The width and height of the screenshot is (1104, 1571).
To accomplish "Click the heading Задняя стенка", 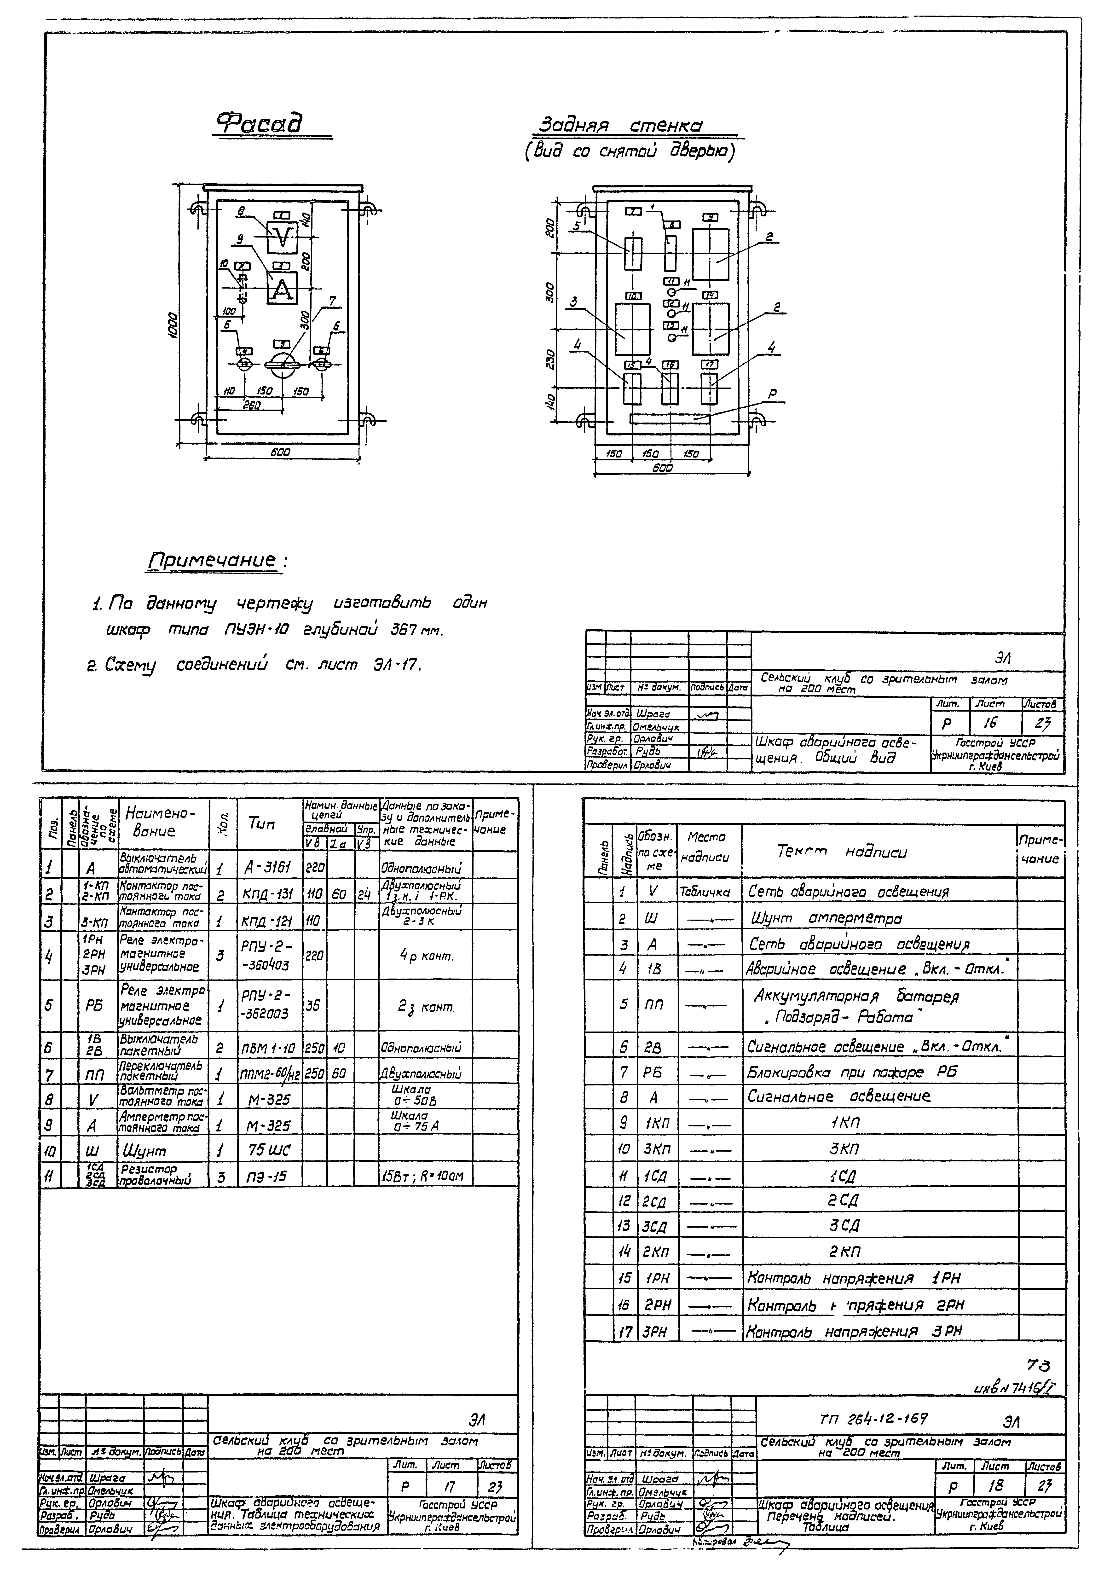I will [621, 126].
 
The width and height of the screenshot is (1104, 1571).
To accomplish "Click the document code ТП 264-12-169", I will [873, 1419].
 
